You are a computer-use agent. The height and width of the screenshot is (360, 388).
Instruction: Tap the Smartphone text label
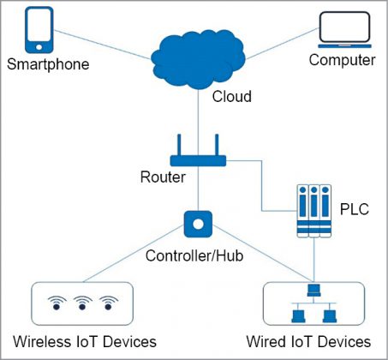[x=48, y=65]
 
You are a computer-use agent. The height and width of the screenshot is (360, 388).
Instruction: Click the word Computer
[x=342, y=60]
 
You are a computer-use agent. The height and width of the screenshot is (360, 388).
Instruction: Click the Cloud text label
[x=231, y=97]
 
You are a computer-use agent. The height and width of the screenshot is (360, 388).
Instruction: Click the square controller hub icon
[x=197, y=225]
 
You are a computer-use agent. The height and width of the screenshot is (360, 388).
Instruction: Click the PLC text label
[x=355, y=208]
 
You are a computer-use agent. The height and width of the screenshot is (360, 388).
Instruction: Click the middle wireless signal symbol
[x=82, y=302]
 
